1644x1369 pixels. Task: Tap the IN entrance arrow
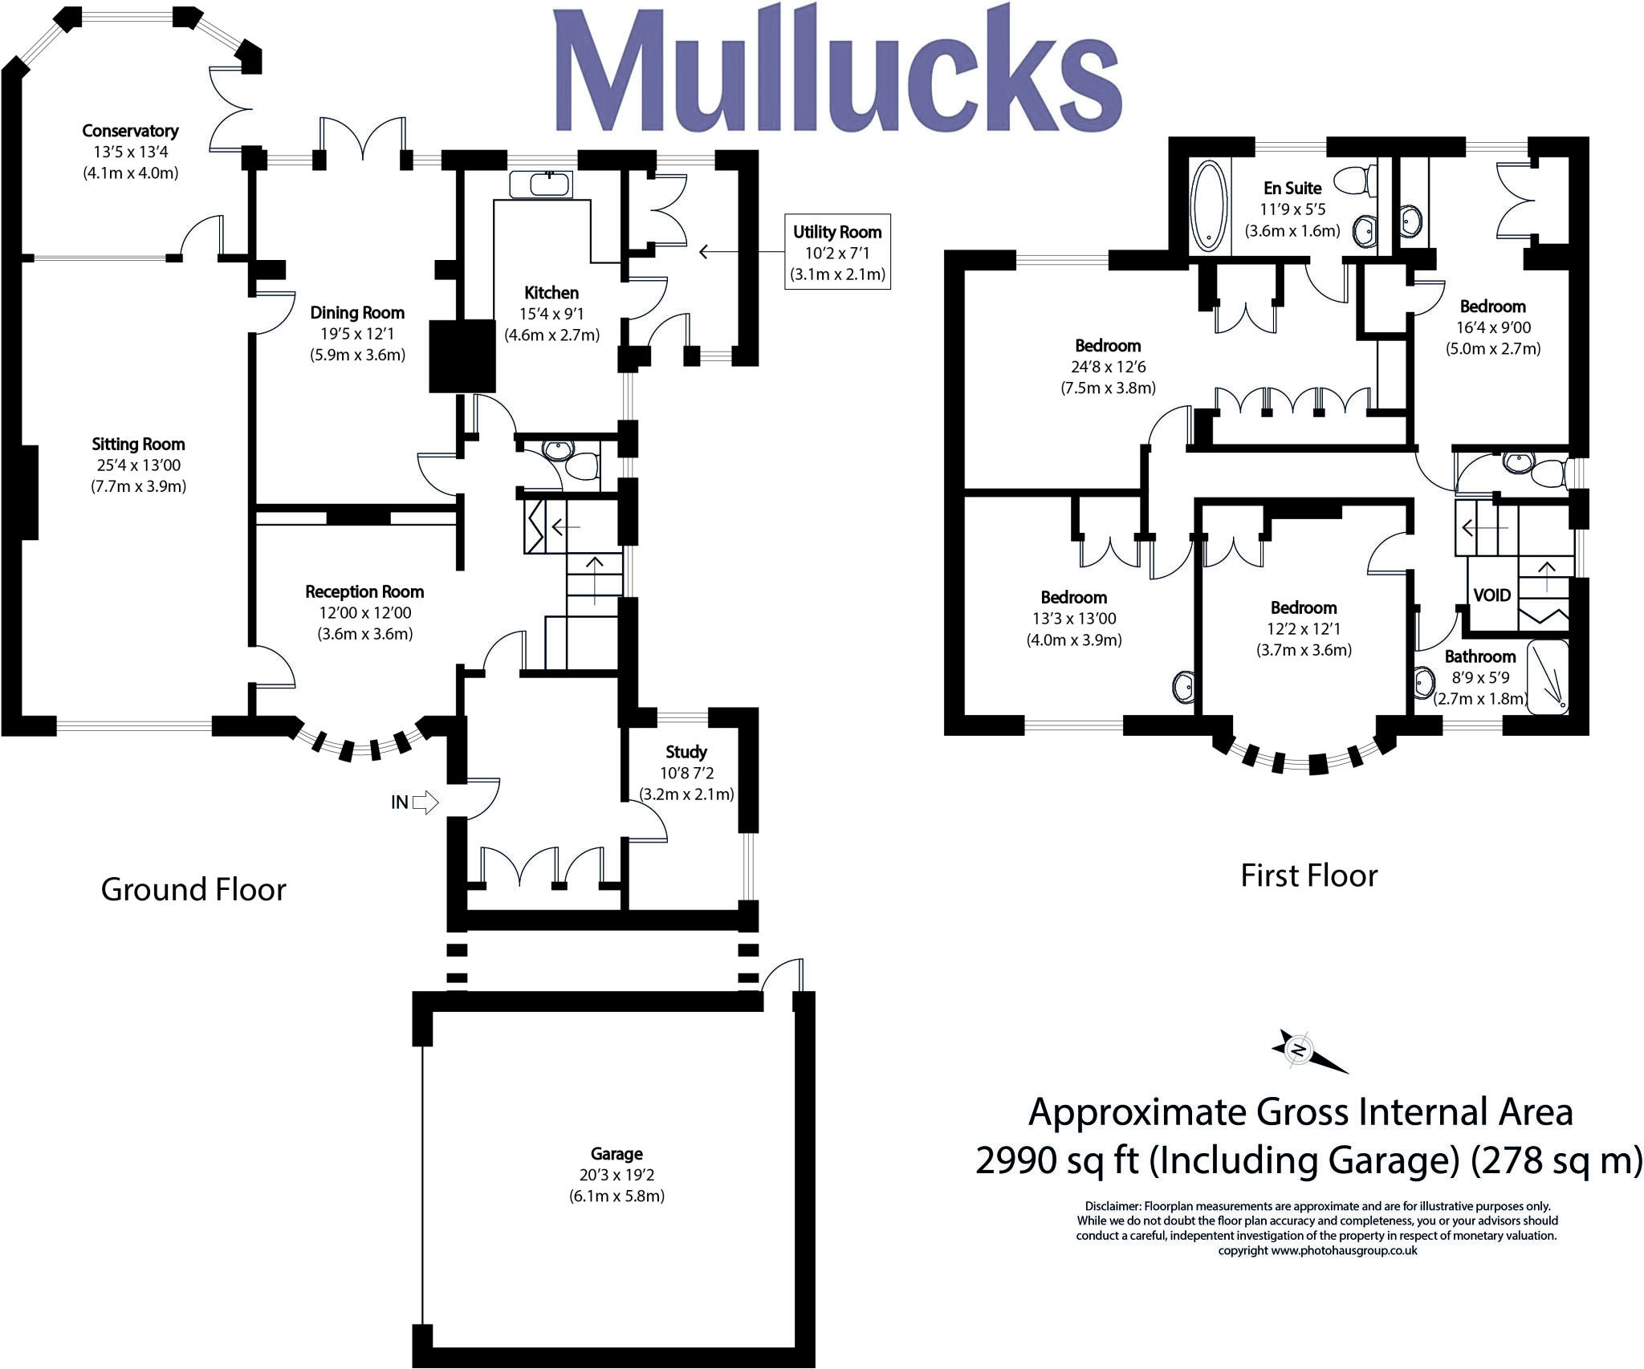pyautogui.click(x=425, y=802)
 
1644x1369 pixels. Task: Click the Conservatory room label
pyautogui.click(x=130, y=131)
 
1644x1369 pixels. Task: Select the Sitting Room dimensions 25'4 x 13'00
pyautogui.click(x=138, y=465)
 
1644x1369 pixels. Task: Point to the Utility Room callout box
pyautogui.click(x=837, y=252)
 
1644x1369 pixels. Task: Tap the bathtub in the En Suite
pyautogui.click(x=1209, y=205)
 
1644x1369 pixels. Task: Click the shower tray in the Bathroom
pyautogui.click(x=1546, y=676)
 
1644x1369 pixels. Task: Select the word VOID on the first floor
pyautogui.click(x=1491, y=595)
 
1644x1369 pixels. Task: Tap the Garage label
pyautogui.click(x=616, y=1154)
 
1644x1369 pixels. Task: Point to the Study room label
pyautogui.click(x=686, y=752)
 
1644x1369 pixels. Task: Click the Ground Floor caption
pyautogui.click(x=193, y=889)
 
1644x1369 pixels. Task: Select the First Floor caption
pyautogui.click(x=1309, y=875)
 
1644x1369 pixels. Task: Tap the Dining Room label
pyautogui.click(x=357, y=313)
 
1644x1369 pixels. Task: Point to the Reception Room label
pyautogui.click(x=364, y=592)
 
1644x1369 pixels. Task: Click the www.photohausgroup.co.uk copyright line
pyautogui.click(x=1317, y=1250)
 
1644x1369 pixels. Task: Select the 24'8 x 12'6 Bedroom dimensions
pyautogui.click(x=1108, y=367)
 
